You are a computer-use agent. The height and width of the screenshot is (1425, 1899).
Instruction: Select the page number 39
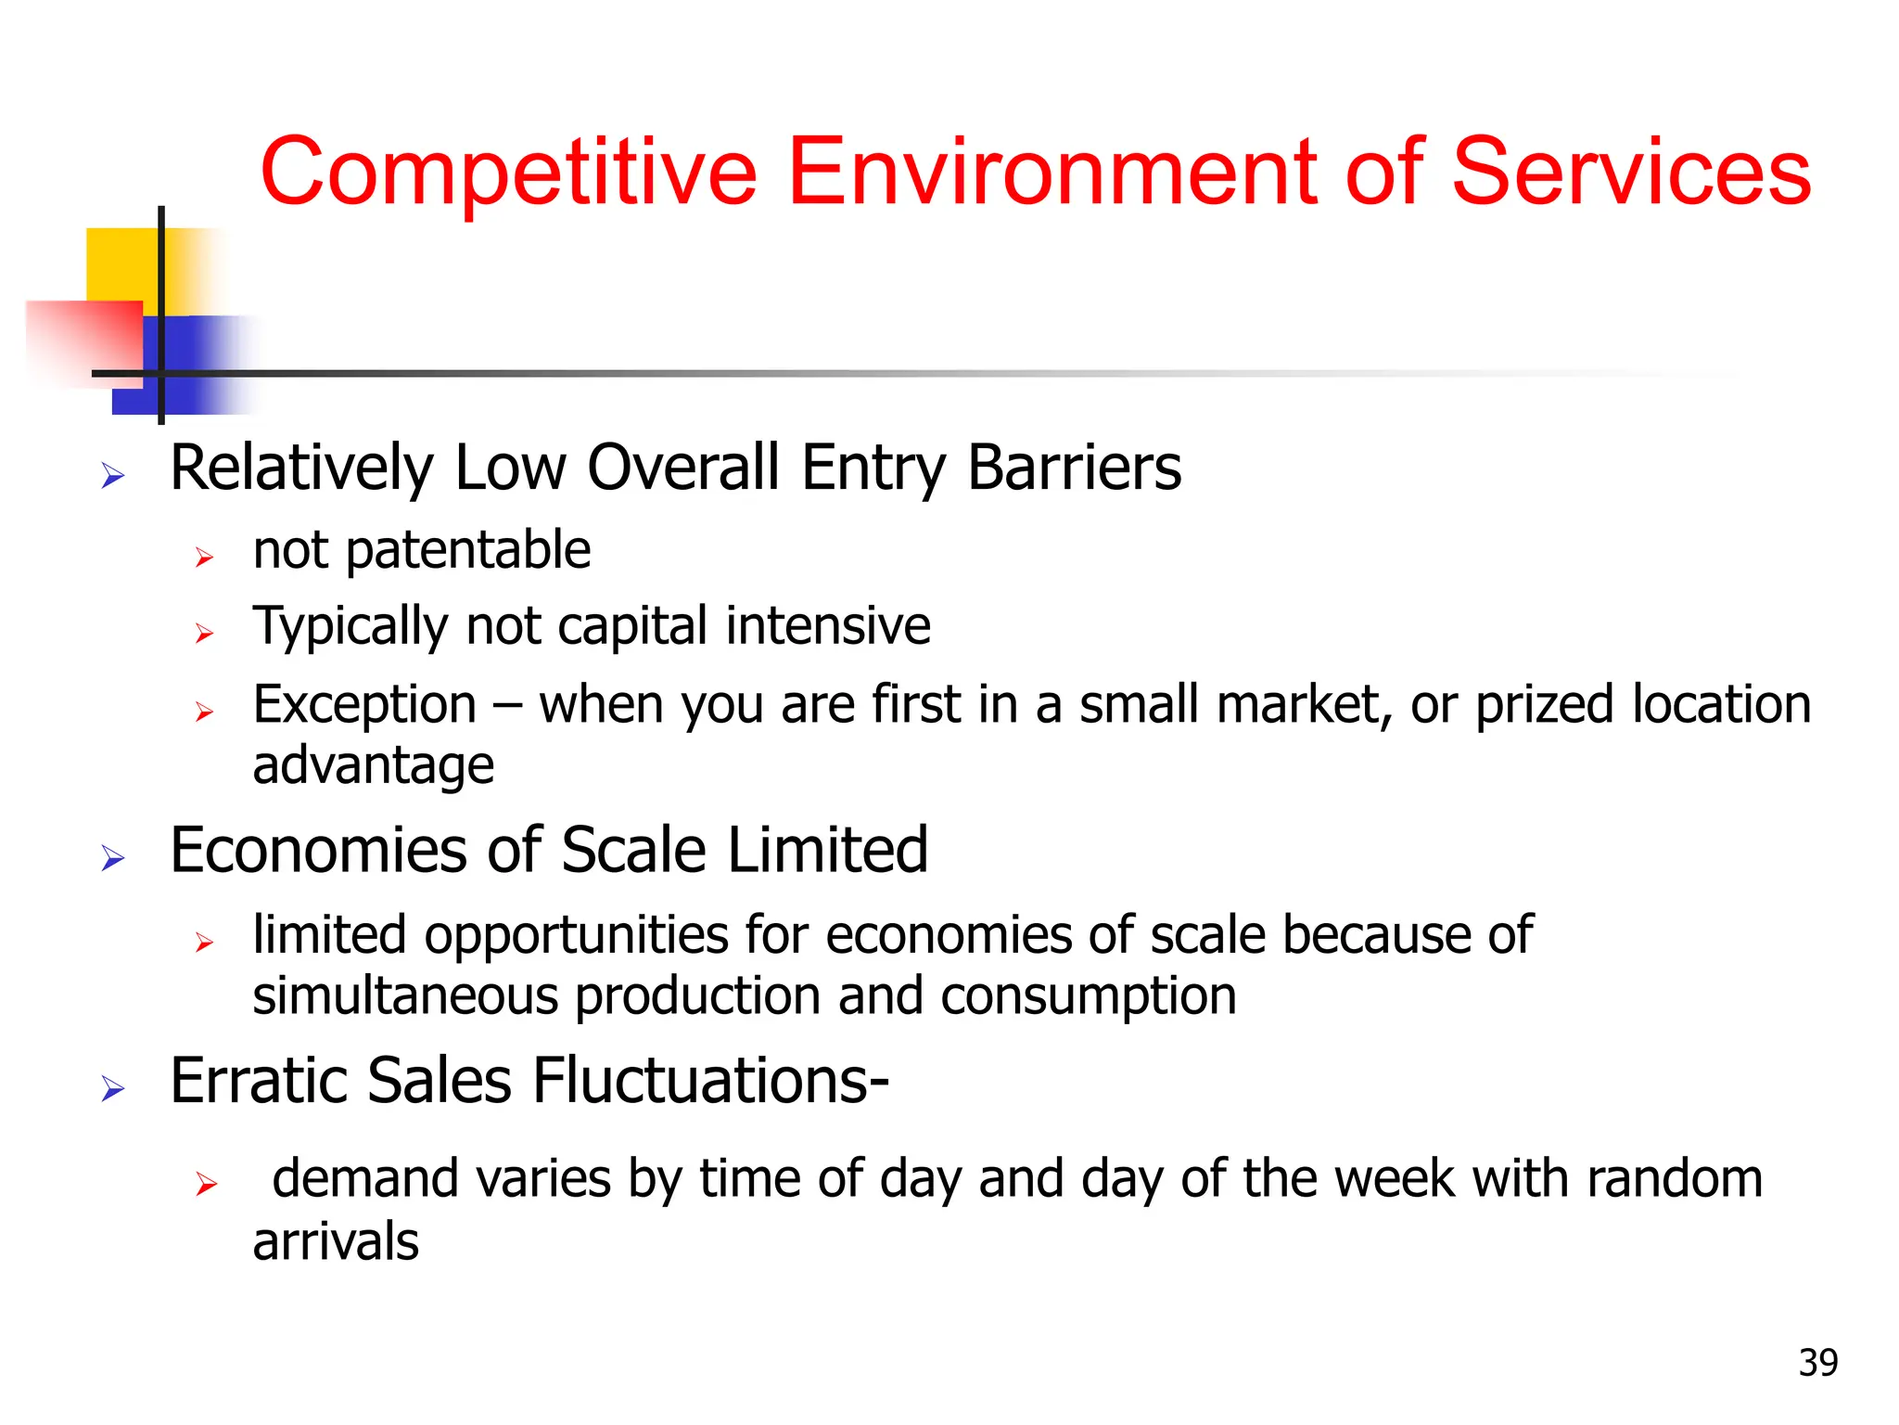pyautogui.click(x=1817, y=1363)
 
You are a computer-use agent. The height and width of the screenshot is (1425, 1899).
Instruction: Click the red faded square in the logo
pyautogui.click(x=83, y=339)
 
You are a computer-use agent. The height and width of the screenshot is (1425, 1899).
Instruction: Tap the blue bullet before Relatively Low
pyautogui.click(x=113, y=477)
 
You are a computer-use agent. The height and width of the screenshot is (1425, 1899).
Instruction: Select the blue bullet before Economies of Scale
pyautogui.click(x=113, y=858)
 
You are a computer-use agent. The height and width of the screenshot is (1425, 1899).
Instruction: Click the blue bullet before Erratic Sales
pyautogui.click(x=113, y=1088)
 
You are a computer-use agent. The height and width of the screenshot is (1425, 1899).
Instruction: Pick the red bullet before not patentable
pyautogui.click(x=205, y=558)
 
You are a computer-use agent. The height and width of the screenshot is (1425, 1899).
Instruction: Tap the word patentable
pyautogui.click(x=468, y=551)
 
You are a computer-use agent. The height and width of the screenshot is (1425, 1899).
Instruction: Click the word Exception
pyautogui.click(x=364, y=705)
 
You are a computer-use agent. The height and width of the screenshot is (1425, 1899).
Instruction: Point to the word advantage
pyautogui.click(x=373, y=766)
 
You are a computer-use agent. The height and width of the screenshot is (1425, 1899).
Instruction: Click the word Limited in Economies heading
pyautogui.click(x=827, y=851)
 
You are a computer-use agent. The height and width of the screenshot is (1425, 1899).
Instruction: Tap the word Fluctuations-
pyautogui.click(x=710, y=1082)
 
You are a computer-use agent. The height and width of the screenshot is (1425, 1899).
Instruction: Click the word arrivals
pyautogui.click(x=336, y=1242)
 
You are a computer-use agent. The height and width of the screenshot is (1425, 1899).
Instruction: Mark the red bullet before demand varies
pyautogui.click(x=206, y=1184)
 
